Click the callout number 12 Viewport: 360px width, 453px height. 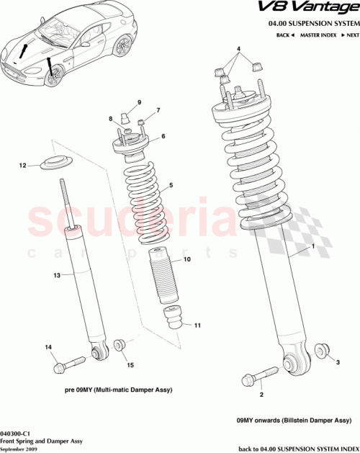pyautogui.click(x=22, y=166)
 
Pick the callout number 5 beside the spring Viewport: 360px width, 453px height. pyautogui.click(x=171, y=185)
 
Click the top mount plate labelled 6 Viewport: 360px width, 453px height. pyautogui.click(x=131, y=145)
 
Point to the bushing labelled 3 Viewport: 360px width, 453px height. pyautogui.click(x=320, y=351)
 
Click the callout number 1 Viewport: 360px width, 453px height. pyautogui.click(x=313, y=246)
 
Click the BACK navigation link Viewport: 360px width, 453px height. pyautogui.click(x=286, y=34)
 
